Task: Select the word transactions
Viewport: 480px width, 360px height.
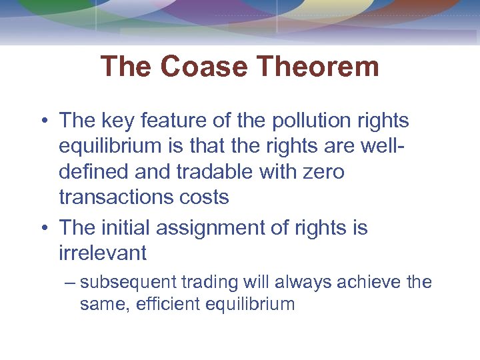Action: click(x=116, y=197)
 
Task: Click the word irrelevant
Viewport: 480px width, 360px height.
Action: click(x=103, y=253)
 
